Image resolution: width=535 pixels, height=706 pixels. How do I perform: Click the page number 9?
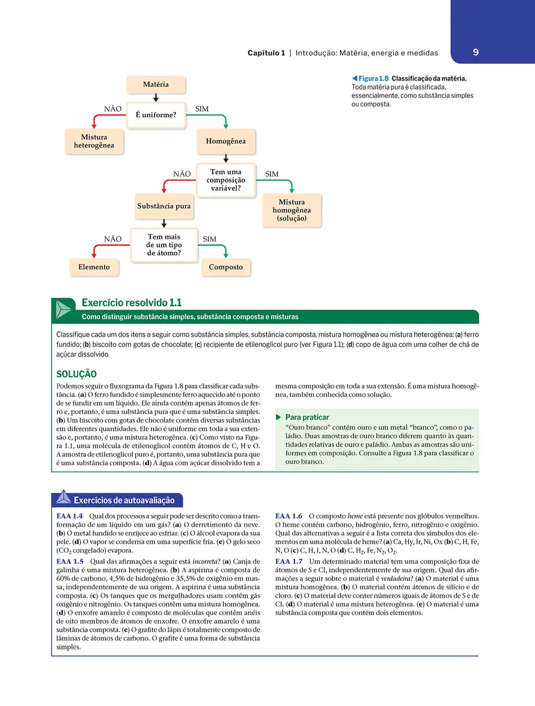475,52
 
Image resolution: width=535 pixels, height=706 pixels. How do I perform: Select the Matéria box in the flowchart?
156,85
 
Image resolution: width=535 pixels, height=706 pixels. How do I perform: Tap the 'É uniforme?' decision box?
156,114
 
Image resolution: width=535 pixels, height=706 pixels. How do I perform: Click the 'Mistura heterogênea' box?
94,141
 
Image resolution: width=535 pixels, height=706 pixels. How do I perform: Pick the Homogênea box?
225,142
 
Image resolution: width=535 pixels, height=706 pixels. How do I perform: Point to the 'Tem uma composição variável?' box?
225,180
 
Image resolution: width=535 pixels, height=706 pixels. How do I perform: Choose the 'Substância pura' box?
164,206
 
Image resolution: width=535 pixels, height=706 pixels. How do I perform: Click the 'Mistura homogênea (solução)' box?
292,210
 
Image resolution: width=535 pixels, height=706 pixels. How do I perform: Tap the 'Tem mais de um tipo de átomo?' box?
164,245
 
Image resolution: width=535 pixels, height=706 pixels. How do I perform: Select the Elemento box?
94,267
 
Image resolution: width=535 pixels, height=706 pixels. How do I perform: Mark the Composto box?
225,267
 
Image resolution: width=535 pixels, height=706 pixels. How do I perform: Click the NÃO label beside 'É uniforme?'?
113,109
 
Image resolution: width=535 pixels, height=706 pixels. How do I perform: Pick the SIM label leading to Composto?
209,239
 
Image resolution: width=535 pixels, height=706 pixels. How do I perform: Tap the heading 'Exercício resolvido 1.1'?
131,303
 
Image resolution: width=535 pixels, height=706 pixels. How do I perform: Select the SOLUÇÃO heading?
76,374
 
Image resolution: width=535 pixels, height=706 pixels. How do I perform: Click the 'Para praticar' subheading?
307,417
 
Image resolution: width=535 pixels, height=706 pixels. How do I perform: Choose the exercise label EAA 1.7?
289,562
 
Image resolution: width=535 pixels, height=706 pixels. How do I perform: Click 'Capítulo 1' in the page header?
266,53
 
